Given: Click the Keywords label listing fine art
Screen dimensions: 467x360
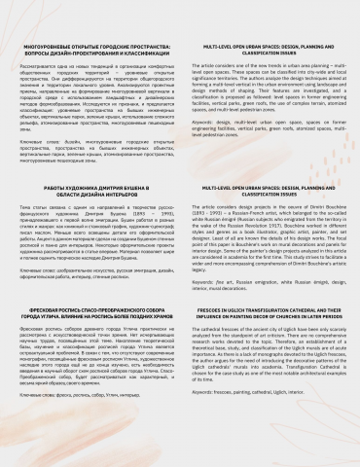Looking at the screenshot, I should point(214,250).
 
